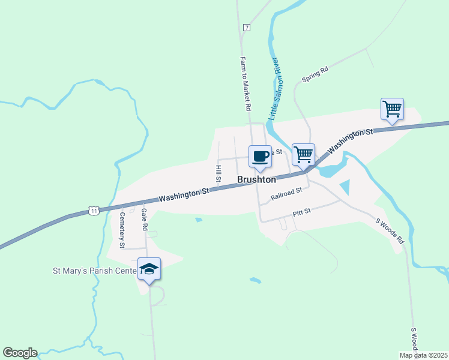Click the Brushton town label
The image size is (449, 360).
pyautogui.click(x=256, y=179)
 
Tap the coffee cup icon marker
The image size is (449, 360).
pyautogui.click(x=260, y=157)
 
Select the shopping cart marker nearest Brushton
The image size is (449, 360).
pyautogui.click(x=303, y=154)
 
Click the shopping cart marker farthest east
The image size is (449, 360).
pyautogui.click(x=392, y=110)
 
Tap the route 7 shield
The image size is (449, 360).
pyautogui.click(x=247, y=28)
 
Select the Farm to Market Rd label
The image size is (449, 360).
pyautogui.click(x=245, y=84)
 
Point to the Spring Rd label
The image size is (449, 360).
pyautogui.click(x=315, y=75)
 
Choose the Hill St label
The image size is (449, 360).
pyautogui.click(x=219, y=174)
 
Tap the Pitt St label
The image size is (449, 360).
pyautogui.click(x=301, y=212)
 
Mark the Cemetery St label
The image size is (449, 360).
pyautogui.click(x=122, y=230)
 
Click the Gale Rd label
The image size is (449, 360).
pyautogui.click(x=144, y=220)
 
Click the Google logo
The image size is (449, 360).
pyautogui.click(x=20, y=353)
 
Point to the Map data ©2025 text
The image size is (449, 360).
pyautogui.click(x=424, y=355)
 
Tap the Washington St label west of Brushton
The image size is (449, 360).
pyautogui.click(x=184, y=194)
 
